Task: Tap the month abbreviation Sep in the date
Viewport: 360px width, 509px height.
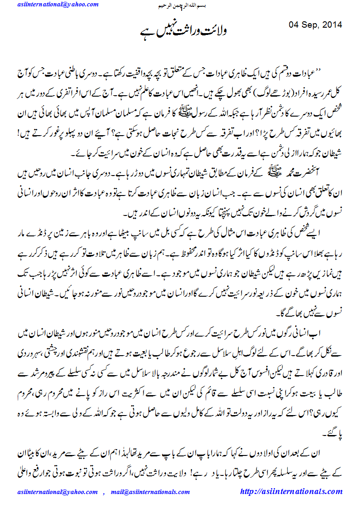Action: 313,24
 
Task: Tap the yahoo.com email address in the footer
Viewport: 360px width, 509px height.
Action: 57,492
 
